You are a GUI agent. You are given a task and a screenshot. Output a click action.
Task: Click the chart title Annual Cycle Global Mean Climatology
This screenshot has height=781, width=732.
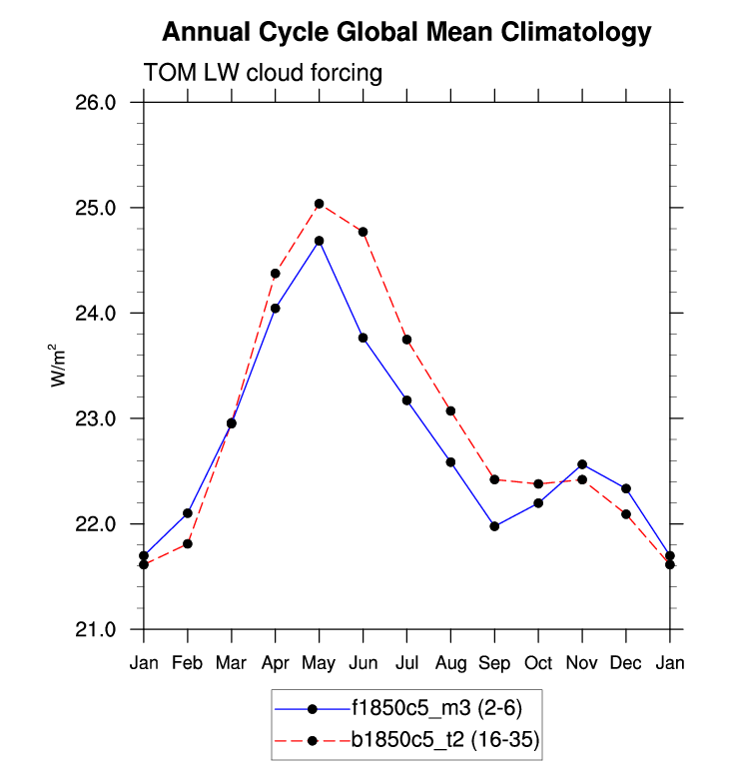click(x=406, y=33)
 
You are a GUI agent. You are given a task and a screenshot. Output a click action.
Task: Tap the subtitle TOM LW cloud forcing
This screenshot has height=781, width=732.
click(x=264, y=73)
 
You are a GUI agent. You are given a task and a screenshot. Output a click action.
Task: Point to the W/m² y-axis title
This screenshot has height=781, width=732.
click(x=59, y=366)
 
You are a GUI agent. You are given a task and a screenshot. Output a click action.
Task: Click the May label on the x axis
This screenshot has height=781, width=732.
click(x=319, y=663)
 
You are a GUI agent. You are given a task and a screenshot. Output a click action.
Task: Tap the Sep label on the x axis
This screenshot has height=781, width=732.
click(x=494, y=663)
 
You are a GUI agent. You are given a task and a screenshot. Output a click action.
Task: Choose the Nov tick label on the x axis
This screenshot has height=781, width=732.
click(x=582, y=663)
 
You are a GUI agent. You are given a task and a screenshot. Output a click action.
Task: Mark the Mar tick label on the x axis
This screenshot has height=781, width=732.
click(x=232, y=663)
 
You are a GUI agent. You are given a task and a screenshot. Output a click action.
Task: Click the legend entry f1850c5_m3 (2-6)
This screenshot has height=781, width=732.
click(x=435, y=709)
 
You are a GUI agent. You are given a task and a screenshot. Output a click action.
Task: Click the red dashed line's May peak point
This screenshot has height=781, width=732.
click(x=320, y=204)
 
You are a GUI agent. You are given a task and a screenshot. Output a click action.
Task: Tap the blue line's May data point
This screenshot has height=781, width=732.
click(x=320, y=241)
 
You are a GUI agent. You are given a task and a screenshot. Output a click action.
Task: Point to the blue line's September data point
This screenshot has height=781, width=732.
click(x=494, y=525)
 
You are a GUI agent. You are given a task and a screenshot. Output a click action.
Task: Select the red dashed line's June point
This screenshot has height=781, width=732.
click(x=364, y=232)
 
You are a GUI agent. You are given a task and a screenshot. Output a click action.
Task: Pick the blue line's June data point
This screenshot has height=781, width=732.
click(x=364, y=338)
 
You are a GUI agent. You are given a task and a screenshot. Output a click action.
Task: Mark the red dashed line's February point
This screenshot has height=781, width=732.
click(x=188, y=543)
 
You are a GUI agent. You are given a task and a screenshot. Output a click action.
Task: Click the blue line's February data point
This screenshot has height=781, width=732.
click(x=188, y=513)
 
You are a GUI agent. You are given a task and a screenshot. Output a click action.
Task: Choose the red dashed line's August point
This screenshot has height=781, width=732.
click(x=450, y=410)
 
